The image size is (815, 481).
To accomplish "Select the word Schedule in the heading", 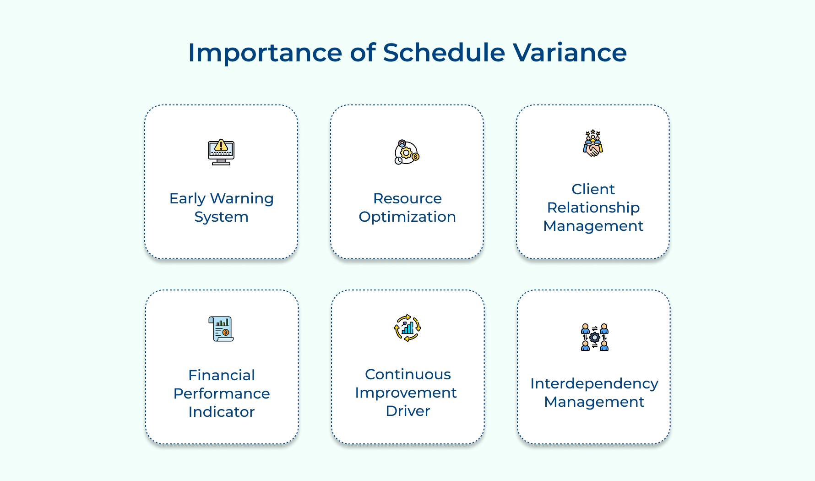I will (444, 52).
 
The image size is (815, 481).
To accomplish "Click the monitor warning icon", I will (221, 152).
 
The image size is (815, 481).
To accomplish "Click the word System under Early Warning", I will (221, 217).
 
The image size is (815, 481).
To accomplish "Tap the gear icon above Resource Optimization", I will (407, 152).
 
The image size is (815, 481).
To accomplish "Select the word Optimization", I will (407, 217).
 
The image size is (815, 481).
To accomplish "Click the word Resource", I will (407, 198).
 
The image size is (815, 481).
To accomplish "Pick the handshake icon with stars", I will (593, 143).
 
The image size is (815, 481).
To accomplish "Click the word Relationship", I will (593, 208).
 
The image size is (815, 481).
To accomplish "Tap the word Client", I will (593, 189).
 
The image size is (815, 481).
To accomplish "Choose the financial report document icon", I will (221, 329).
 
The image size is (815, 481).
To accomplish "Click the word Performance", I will (222, 394).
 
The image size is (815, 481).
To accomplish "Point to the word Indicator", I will (222, 412).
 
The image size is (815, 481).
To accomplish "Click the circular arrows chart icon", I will (407, 328).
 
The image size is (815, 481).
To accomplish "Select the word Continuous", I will (407, 374).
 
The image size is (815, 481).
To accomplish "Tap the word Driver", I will (407, 411).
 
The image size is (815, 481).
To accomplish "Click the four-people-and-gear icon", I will (594, 337).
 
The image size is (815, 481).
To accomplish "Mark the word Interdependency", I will (594, 383).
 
